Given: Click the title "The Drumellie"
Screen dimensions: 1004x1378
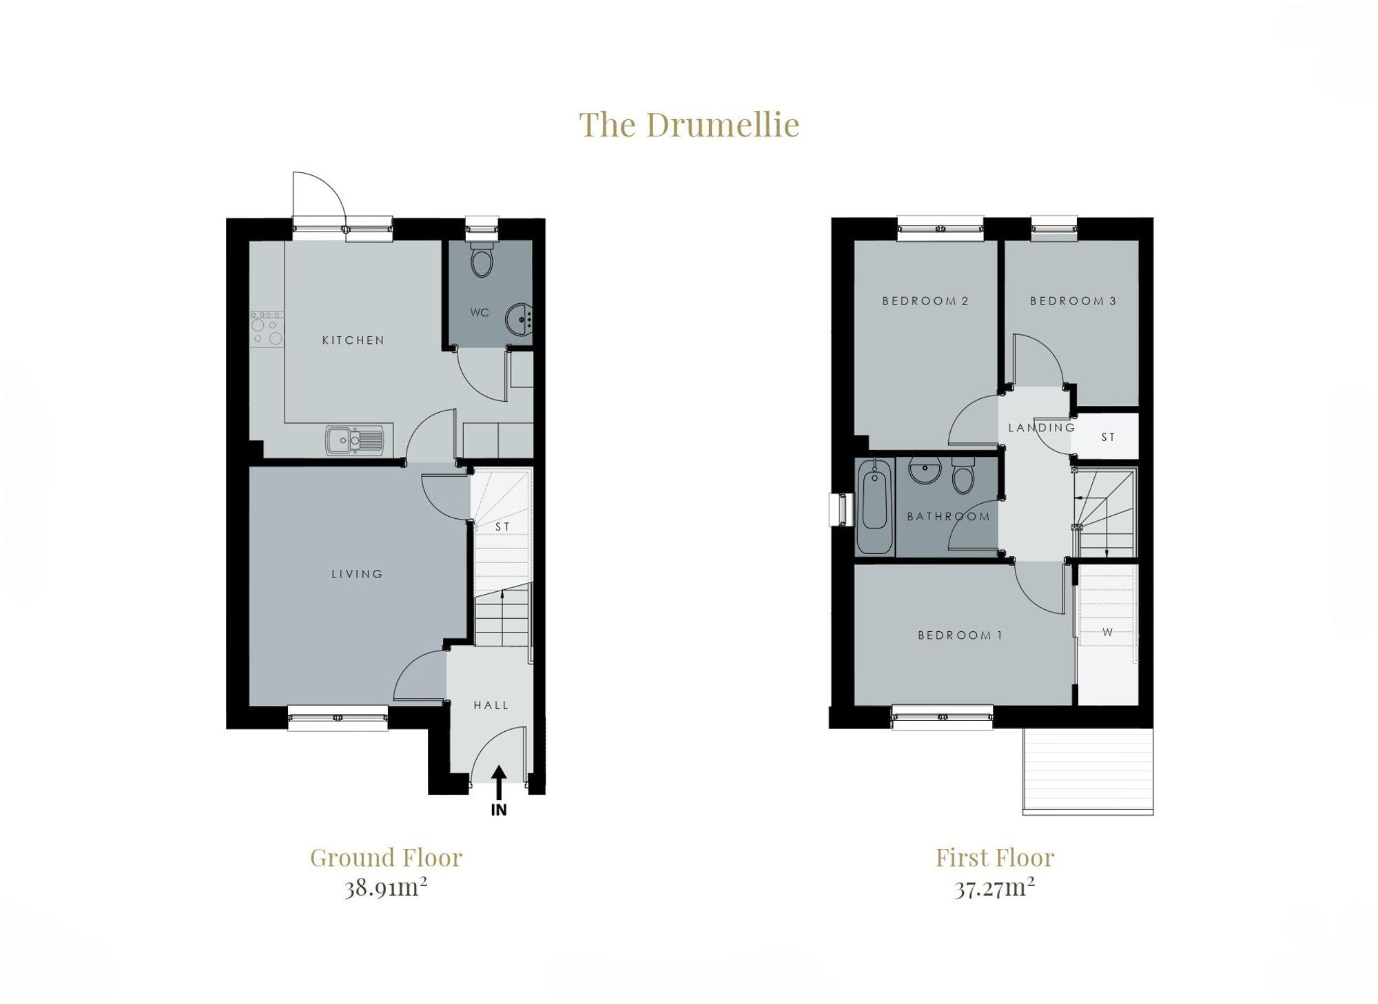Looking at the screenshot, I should pos(689,125).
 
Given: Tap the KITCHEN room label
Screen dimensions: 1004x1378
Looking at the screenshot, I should pos(353,340).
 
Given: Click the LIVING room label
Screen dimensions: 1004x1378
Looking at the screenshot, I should pos(357,573).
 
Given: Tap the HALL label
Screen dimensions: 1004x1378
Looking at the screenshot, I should pos(491,705).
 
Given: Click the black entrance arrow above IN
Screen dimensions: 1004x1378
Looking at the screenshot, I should pos(499,781).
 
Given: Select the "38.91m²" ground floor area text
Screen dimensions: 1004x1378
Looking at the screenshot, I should pos(386,887).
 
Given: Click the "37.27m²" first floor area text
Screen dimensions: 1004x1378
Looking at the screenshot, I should pos(994,887).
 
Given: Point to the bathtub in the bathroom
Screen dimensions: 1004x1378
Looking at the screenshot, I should pos(874,506).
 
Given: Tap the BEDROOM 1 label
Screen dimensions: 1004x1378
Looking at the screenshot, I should pos(960,635).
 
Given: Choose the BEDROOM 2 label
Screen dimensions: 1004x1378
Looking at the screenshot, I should pos(925,300).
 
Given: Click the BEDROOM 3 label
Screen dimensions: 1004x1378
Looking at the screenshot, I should pos(1073,300).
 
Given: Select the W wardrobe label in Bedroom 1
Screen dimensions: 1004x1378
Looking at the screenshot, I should pos(1107,632).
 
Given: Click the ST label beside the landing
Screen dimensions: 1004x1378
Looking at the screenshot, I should pos(1108,437).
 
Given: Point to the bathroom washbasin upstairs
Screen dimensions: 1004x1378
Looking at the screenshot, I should pos(923,471).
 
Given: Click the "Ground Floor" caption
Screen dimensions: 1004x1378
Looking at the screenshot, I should pos(386,858).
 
